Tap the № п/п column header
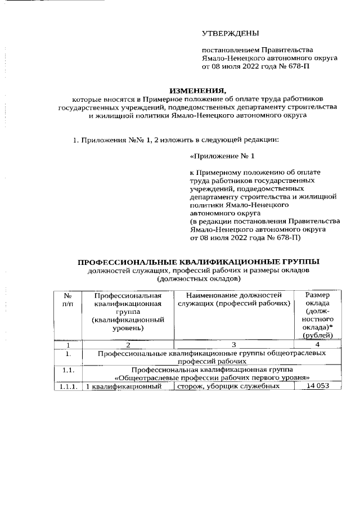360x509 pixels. (x=67, y=299)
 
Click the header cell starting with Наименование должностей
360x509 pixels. (x=233, y=299)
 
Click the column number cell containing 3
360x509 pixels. (x=233, y=344)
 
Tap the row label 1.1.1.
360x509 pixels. (x=67, y=387)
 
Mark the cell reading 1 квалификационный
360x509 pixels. (x=127, y=387)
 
